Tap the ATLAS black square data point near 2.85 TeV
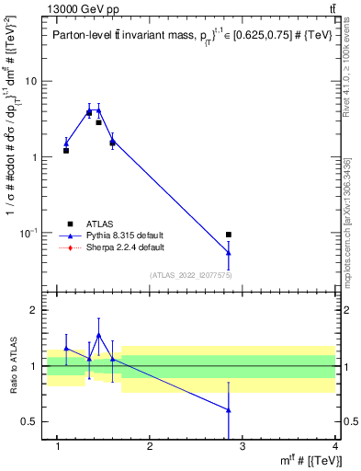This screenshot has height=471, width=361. tap(229, 235)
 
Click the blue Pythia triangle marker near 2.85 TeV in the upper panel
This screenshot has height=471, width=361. tap(229, 252)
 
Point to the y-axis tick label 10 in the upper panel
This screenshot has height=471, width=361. tap(31, 81)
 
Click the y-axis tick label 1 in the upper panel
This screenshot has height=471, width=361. tap(34, 156)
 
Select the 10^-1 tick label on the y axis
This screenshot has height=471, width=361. tap(28, 232)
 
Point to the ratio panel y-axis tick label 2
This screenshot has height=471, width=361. tap(34, 310)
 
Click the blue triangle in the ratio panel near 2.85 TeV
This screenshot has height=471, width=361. tap(229, 410)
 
